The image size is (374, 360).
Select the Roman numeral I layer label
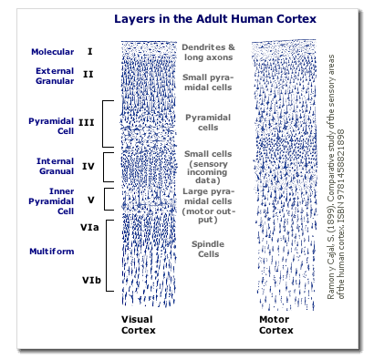(89, 52)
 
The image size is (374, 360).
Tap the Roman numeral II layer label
(88, 74)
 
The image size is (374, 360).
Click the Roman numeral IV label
(88, 166)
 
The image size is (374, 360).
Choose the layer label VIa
(88, 222)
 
